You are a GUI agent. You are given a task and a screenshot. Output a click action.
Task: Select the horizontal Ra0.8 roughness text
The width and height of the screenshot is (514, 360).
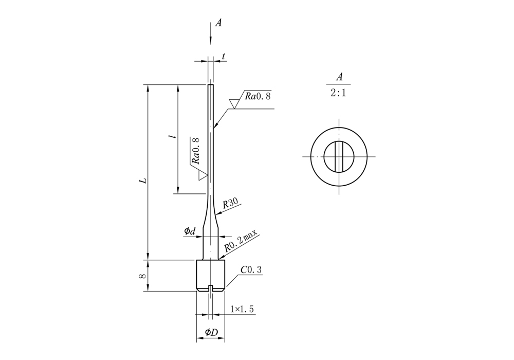click(x=257, y=96)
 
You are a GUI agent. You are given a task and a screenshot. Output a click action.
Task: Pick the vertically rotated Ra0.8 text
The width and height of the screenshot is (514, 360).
click(x=195, y=150)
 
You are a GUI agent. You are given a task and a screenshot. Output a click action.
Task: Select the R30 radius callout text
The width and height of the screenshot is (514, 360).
click(x=230, y=204)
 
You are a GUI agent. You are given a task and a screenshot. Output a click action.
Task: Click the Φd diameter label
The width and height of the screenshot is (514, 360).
click(x=190, y=232)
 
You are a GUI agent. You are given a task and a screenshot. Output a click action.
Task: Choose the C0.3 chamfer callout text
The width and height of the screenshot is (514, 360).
click(x=251, y=269)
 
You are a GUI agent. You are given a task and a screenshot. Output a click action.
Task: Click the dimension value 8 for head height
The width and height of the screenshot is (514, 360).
click(x=144, y=276)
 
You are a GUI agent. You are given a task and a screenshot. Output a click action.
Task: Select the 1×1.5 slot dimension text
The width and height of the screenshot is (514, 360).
click(x=242, y=309)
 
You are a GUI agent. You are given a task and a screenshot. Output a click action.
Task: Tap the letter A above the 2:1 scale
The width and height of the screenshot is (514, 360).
click(x=339, y=77)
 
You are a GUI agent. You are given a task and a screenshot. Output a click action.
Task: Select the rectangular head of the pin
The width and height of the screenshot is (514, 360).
click(x=211, y=275)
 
